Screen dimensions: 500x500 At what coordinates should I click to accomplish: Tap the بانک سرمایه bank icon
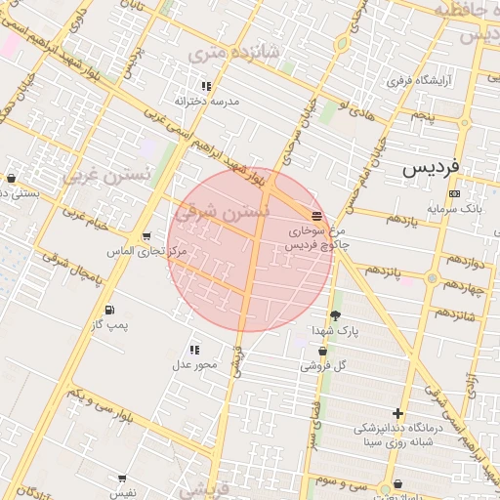point(454,194)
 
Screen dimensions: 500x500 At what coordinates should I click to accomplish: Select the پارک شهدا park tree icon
point(336,315)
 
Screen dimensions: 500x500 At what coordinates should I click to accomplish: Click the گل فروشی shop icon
point(322,351)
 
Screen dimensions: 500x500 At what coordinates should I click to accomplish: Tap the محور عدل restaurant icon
point(194,349)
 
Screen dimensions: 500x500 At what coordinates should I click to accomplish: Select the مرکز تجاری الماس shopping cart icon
point(146,235)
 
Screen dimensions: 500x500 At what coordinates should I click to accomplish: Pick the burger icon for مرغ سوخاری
point(315,215)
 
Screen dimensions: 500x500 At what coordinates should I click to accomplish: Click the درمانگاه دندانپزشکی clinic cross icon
point(397,413)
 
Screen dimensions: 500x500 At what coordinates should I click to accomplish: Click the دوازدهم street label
point(465,261)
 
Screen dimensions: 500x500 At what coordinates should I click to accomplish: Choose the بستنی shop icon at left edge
point(11,178)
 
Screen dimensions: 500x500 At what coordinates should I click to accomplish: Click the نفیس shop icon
point(122,479)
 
